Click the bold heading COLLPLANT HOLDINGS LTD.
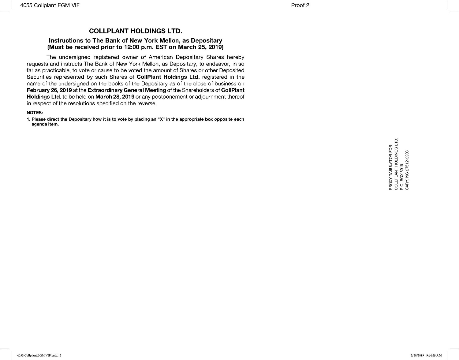tap(136, 31)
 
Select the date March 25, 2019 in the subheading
tap(201, 47)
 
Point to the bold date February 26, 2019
tap(49, 90)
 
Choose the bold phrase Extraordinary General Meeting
tap(127, 90)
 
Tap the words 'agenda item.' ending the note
tap(45, 124)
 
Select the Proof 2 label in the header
tap(300, 5)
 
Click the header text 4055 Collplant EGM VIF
tap(50, 5)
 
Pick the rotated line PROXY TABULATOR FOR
tap(390, 167)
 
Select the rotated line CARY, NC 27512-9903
tap(407, 170)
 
